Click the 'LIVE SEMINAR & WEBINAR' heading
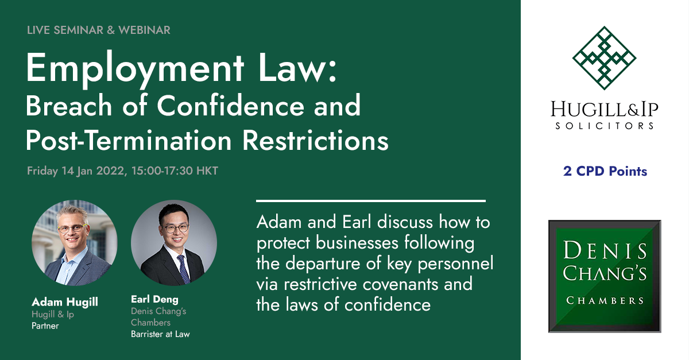[x=98, y=30]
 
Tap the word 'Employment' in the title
[x=135, y=69]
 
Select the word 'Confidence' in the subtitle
[x=230, y=106]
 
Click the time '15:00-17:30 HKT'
[x=175, y=171]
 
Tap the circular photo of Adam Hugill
[x=75, y=243]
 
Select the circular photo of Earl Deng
[x=174, y=243]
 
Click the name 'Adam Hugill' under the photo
[x=65, y=302]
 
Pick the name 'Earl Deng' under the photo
[x=154, y=299]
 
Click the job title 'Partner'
[x=45, y=326]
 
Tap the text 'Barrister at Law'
[x=160, y=334]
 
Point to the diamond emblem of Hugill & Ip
[x=604, y=58]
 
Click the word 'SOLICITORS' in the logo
[x=605, y=126]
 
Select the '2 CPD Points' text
[x=605, y=171]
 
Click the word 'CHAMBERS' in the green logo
[x=605, y=300]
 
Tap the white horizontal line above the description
[x=371, y=201]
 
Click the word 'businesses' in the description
[x=357, y=243]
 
